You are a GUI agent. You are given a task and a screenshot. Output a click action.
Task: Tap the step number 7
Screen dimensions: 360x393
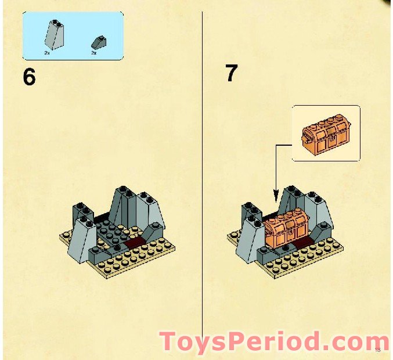231,74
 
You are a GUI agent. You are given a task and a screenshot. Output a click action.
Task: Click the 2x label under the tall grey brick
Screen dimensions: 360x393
47,53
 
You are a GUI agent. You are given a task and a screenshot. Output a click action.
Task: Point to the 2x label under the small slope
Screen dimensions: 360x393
93,53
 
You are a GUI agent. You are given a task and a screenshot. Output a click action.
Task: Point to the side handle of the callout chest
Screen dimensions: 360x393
305,138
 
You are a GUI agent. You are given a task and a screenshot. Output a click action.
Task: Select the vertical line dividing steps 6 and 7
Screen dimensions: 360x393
202,174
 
